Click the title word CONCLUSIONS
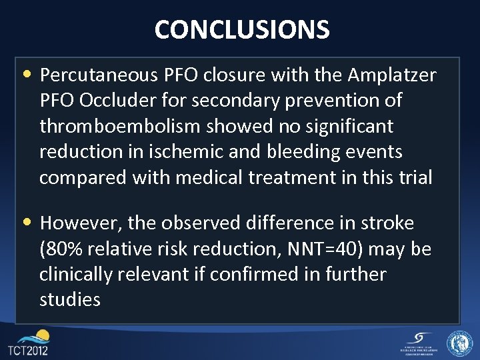241,30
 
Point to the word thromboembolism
126,126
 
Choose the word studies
70,300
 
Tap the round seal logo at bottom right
459,343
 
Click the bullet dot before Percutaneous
31,73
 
